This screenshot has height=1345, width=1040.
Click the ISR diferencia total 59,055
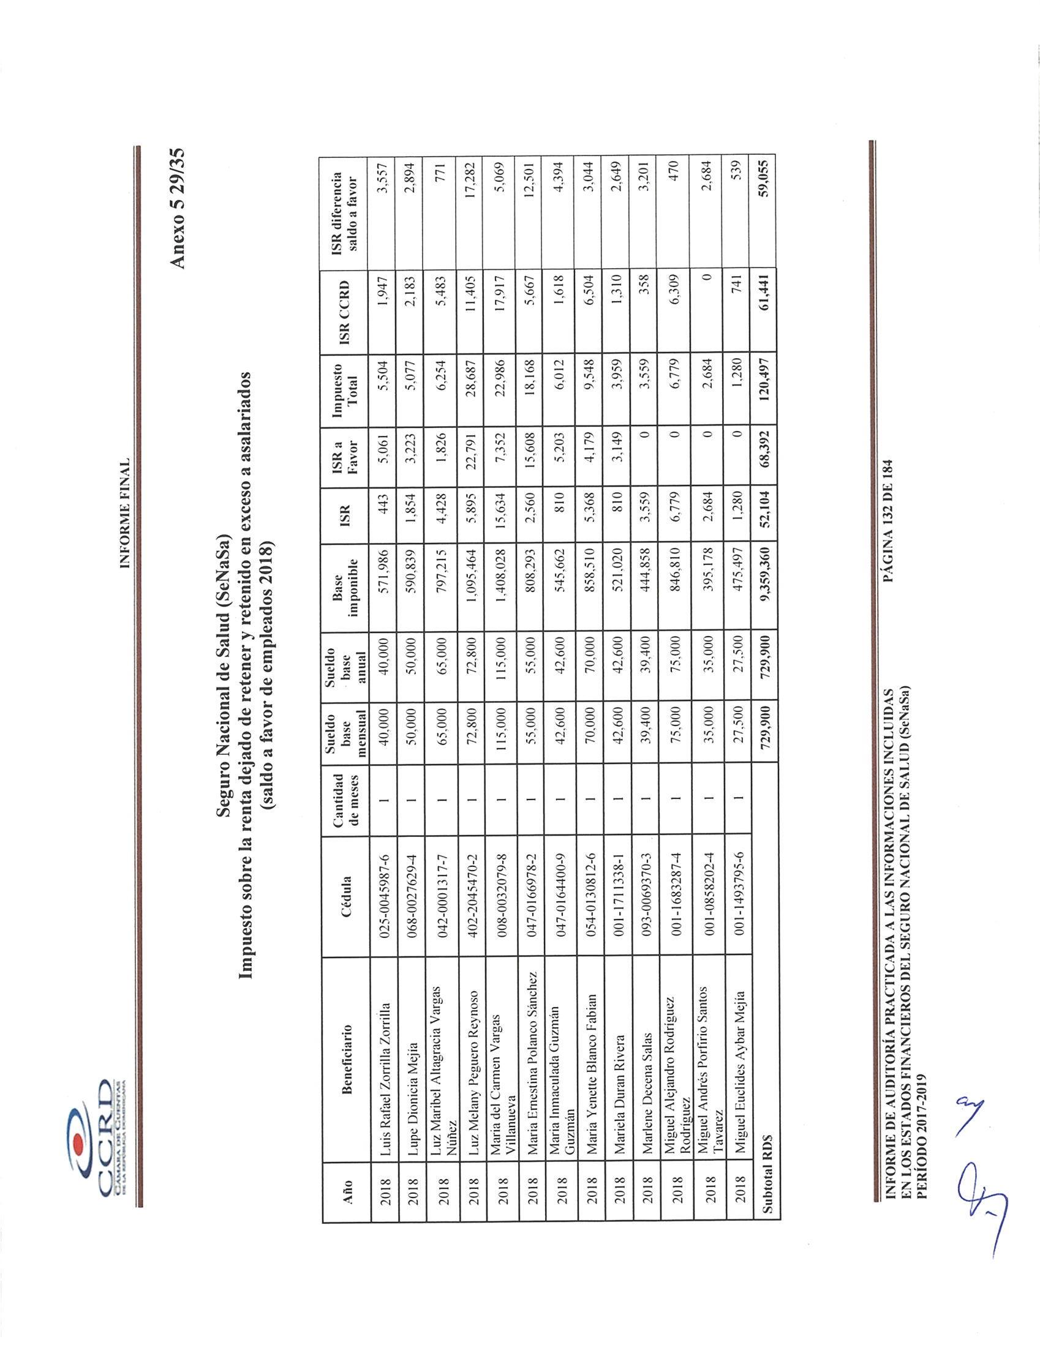point(764,180)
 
